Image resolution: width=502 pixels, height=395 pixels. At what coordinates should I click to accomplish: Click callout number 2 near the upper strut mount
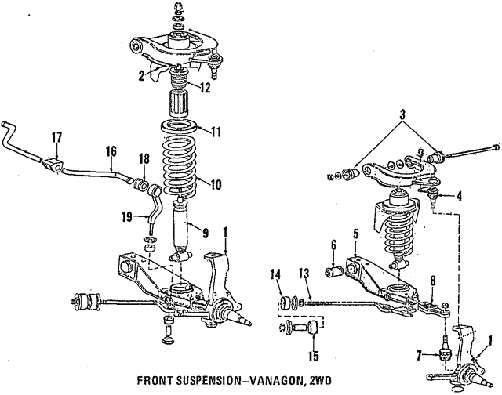pos(142,75)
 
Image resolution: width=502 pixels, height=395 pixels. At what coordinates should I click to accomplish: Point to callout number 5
pos(355,234)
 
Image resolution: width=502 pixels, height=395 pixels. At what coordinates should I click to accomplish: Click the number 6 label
pos(333,245)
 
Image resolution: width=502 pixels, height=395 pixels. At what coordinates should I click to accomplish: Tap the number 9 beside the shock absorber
pos(206,232)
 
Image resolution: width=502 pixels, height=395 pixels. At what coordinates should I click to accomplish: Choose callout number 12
pos(205,88)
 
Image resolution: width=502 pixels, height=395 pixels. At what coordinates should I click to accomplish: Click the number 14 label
pos(276,274)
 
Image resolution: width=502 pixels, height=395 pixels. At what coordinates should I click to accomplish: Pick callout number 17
pos(56,138)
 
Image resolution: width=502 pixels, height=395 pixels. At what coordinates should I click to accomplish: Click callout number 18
pos(144,158)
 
